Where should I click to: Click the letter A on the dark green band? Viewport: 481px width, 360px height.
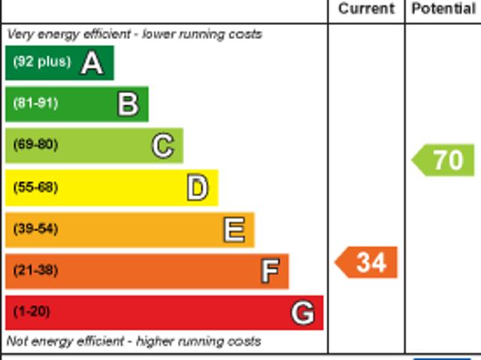[x=92, y=62]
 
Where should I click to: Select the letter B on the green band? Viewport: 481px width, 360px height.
[x=129, y=104]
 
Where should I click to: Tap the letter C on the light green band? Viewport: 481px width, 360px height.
[x=163, y=145]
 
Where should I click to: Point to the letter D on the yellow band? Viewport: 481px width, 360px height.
[x=197, y=188]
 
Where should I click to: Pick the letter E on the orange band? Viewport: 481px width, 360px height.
[x=234, y=229]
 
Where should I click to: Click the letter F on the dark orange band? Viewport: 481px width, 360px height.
[x=270, y=271]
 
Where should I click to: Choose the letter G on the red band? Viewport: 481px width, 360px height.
[x=303, y=312]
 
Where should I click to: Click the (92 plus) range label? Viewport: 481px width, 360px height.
[x=41, y=62]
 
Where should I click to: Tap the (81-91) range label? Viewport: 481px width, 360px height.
[x=35, y=104]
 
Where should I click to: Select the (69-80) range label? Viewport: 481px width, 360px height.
[x=35, y=145]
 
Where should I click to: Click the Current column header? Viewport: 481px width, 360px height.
[x=366, y=9]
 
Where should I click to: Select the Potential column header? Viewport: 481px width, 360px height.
[x=443, y=9]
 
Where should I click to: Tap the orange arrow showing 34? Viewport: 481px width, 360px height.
[x=367, y=262]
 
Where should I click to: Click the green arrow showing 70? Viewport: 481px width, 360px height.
[x=444, y=160]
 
